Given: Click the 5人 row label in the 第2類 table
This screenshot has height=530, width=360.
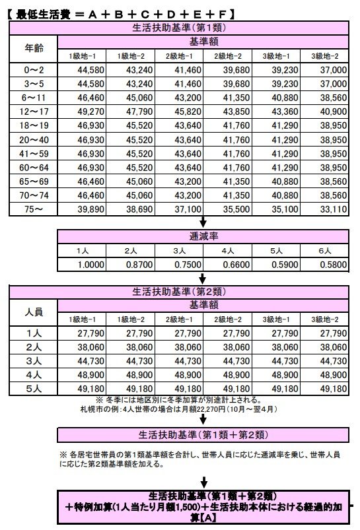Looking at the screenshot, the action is [34, 389].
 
